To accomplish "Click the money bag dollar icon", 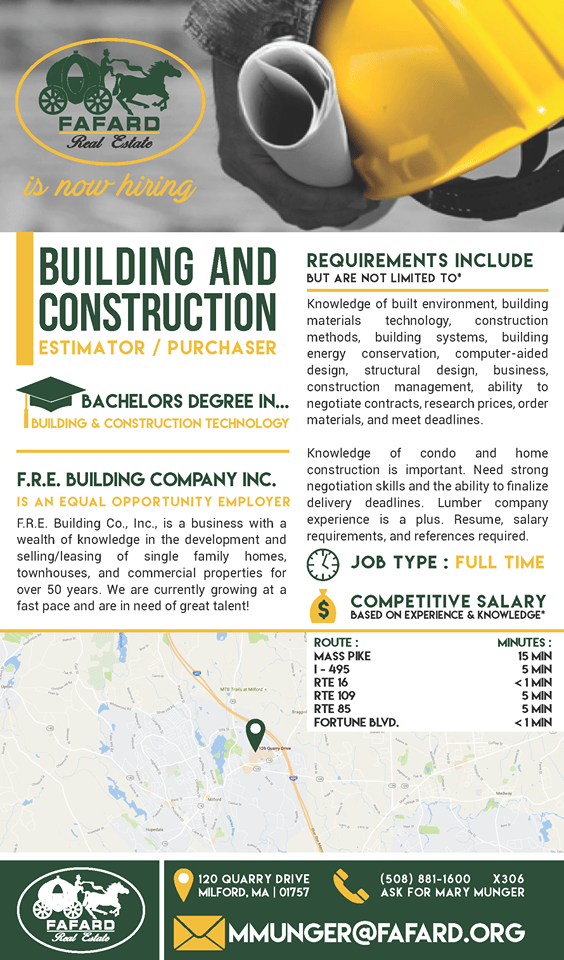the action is [x=323, y=605].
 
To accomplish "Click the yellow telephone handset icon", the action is [x=351, y=886].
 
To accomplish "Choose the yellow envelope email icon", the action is [x=198, y=932].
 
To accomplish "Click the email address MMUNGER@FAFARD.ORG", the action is [x=376, y=933].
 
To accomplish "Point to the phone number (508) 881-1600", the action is [x=425, y=879].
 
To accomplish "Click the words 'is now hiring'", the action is [x=111, y=186].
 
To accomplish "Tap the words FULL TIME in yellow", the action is [x=500, y=562].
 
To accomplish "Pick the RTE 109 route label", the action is [x=336, y=694].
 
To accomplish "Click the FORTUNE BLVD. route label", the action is [x=356, y=722].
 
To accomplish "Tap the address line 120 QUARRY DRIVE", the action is [x=254, y=879].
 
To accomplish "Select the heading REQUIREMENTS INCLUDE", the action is [x=420, y=261].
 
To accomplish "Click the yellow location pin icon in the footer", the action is [x=182, y=885].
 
